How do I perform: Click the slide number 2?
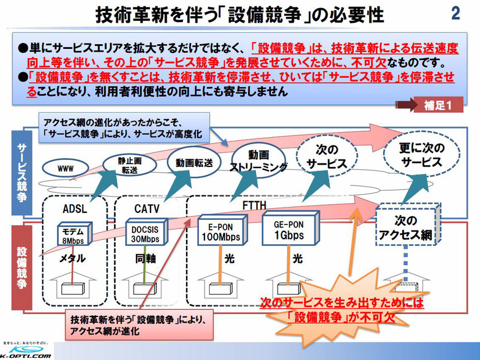coord(455,13)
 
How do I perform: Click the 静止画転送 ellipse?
coord(128,163)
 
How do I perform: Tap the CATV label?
coord(146,208)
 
